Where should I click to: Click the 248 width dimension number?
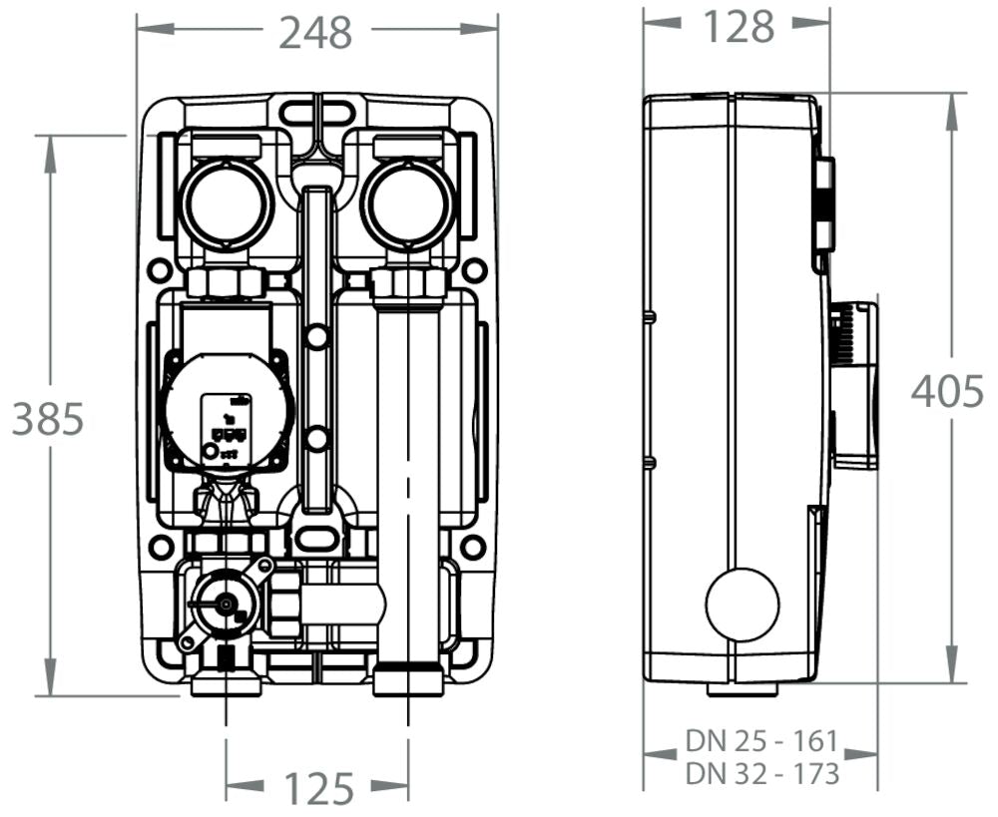coord(315,33)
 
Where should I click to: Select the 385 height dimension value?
coord(48,420)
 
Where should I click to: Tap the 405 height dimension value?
coord(947,392)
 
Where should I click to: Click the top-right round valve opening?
coord(406,204)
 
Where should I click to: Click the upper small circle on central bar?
coord(316,338)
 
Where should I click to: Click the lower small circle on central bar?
coord(316,439)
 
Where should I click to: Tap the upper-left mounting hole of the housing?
coord(159,270)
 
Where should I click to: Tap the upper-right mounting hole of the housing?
coord(475,270)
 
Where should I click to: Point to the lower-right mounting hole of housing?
coord(475,547)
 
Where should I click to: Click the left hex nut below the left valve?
coord(226,283)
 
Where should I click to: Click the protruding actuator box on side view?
coord(855,384)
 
